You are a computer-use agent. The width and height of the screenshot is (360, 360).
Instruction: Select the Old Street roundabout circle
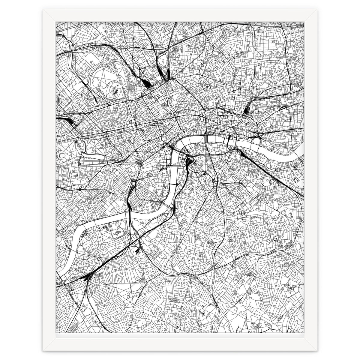tap(233, 91)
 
